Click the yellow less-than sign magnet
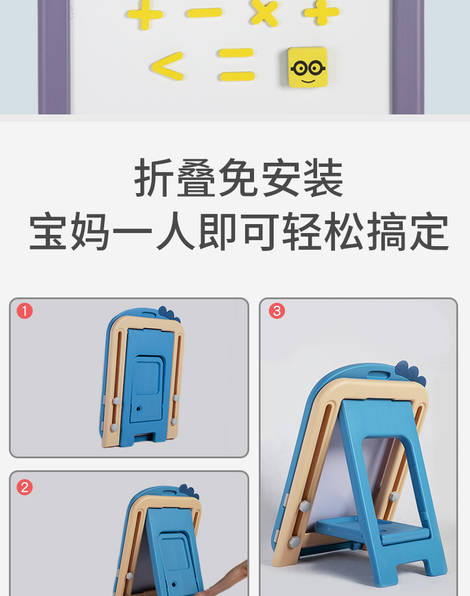click(167, 66)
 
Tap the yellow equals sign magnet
click(236, 64)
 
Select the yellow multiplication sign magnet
click(264, 12)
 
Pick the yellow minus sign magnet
click(204, 13)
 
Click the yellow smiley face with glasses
click(307, 67)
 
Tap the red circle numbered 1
click(24, 311)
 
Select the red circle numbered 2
click(24, 488)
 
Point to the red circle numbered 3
click(277, 311)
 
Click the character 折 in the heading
click(153, 178)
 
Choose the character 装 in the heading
click(323, 178)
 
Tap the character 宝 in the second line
click(48, 231)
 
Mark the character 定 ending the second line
click(430, 231)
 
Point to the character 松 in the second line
click(344, 231)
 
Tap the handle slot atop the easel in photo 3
click(378, 375)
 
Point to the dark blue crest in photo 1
click(169, 314)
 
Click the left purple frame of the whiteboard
click(54, 57)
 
